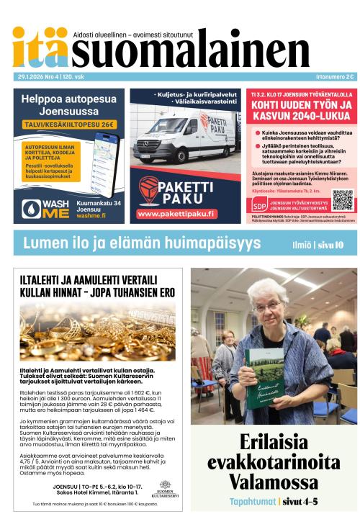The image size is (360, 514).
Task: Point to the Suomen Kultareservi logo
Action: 165,488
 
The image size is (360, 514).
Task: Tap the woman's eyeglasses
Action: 267,307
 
